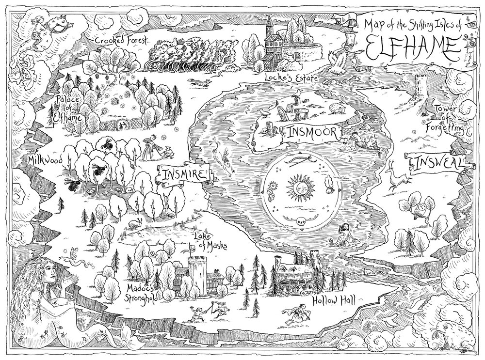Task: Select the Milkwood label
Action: point(45,160)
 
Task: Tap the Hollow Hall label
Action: point(333,300)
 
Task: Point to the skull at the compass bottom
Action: point(298,222)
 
